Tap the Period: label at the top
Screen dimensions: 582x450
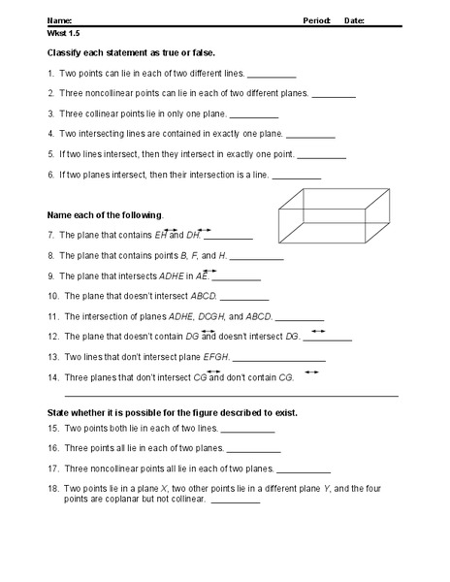[317, 19]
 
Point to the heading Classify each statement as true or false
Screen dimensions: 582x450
[131, 51]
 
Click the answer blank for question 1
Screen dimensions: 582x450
[272, 75]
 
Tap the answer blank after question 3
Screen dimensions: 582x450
[254, 115]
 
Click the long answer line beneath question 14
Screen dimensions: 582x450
[231, 396]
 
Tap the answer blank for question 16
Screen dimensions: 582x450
[255, 450]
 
